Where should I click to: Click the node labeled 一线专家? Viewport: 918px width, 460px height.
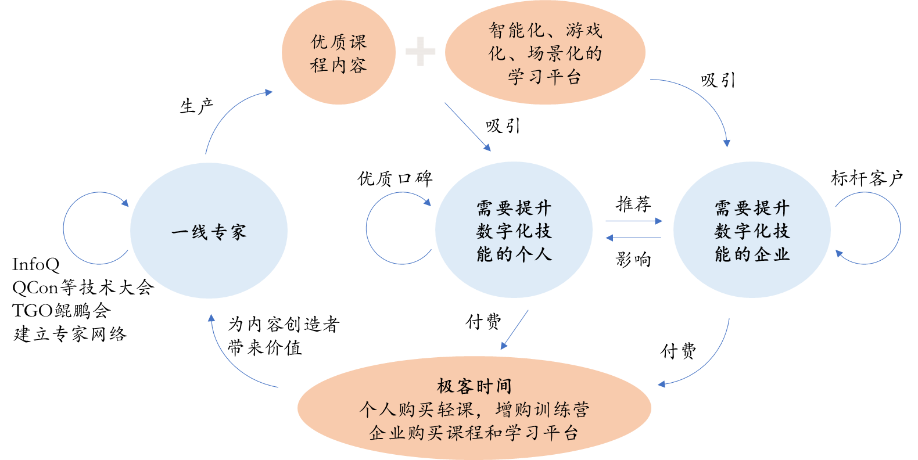click(x=209, y=231)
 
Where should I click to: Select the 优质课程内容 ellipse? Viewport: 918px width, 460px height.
click(x=339, y=52)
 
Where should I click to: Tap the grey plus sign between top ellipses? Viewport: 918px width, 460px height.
click(x=420, y=51)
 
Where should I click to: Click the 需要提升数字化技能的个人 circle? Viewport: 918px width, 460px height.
click(x=514, y=230)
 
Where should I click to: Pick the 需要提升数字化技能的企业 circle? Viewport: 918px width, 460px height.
click(x=752, y=230)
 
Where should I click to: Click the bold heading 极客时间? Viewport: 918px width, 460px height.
click(x=474, y=386)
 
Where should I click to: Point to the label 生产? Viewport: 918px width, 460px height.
click(x=197, y=106)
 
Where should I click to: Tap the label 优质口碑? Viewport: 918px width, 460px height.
click(x=395, y=178)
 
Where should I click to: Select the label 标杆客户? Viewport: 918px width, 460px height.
click(x=867, y=178)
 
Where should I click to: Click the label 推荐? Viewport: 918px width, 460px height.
click(x=633, y=204)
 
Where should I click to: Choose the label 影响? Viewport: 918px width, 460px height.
click(x=633, y=259)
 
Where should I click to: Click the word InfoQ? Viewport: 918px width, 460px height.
click(x=36, y=265)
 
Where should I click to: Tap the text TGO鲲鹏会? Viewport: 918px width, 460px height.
click(x=62, y=311)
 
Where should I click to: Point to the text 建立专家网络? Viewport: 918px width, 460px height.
click(x=70, y=334)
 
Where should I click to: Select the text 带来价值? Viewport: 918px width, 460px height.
click(x=265, y=348)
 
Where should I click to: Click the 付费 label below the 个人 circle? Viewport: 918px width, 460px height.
click(x=483, y=322)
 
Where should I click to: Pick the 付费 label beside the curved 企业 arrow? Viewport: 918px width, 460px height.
click(x=678, y=351)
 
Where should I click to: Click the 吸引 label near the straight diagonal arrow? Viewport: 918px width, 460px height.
click(x=503, y=125)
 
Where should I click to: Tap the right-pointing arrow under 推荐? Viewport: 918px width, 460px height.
click(x=634, y=221)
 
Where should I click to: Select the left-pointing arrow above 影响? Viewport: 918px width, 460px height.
click(x=633, y=238)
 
